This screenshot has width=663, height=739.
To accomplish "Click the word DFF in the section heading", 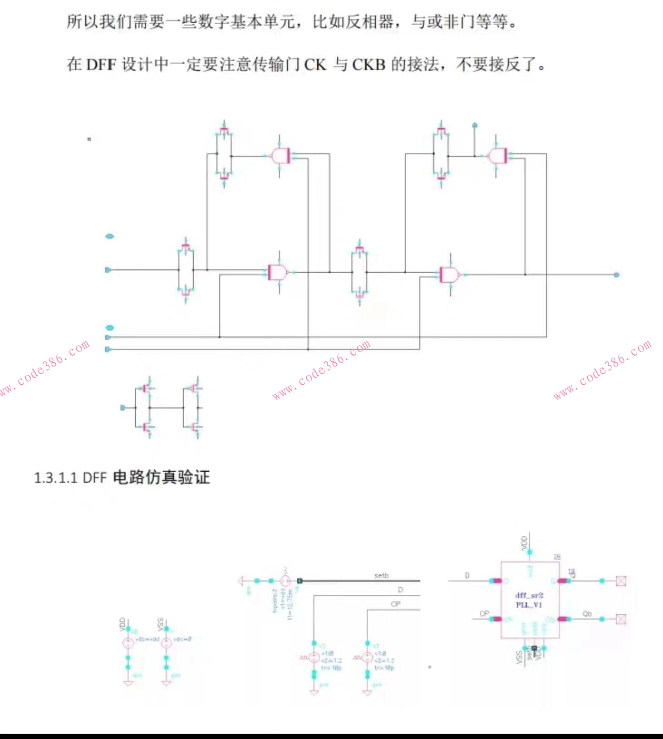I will [95, 477].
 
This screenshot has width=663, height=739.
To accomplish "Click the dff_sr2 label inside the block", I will [529, 595].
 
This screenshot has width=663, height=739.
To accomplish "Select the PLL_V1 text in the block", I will [529, 605].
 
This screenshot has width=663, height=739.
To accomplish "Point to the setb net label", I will [381, 575].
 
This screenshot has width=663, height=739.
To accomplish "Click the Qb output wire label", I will [587, 614].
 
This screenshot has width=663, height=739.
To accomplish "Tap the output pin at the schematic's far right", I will [617, 274].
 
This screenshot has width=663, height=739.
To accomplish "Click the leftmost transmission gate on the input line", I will [186, 270].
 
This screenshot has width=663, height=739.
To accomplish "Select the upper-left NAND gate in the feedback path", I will [279, 155].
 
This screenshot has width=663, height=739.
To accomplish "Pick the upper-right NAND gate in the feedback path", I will [497, 156].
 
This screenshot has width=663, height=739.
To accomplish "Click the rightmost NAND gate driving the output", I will [450, 274].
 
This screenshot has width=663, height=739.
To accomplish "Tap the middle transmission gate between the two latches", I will [359, 272].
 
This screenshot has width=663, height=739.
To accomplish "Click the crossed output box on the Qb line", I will [621, 619].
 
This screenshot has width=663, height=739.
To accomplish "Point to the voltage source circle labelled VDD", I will [128, 642].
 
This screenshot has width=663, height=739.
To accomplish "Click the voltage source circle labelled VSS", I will [166, 642].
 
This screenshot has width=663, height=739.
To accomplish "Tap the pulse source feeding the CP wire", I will [368, 657].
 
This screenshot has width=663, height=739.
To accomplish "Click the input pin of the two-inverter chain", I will [123, 407].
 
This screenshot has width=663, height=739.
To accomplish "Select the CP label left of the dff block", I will [484, 614].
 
